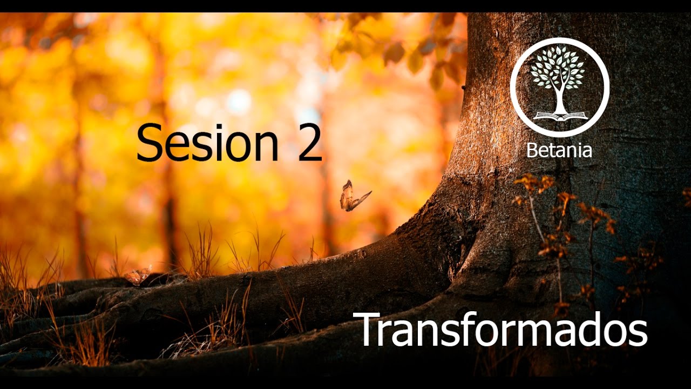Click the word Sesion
[x=207, y=142]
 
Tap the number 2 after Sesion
[x=309, y=142]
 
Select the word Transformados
[x=503, y=329]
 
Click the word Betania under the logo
[x=559, y=150]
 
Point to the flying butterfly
[x=352, y=197]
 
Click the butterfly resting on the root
[x=137, y=276]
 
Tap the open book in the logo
[x=560, y=116]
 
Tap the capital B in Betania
[x=532, y=150]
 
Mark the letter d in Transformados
[x=585, y=330]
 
